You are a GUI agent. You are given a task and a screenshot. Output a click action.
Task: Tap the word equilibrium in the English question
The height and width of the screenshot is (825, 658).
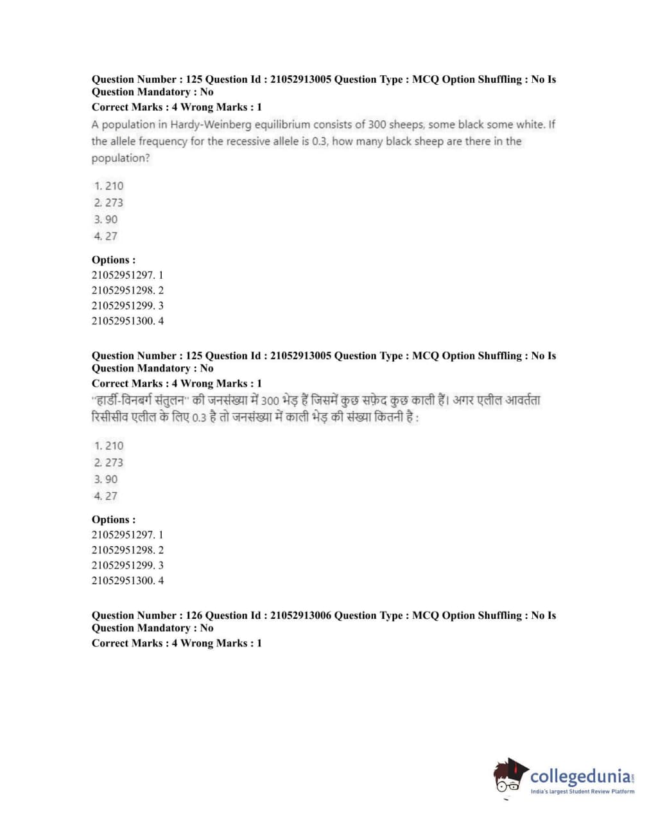279,125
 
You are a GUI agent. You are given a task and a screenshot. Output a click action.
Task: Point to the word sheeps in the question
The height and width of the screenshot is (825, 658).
406,125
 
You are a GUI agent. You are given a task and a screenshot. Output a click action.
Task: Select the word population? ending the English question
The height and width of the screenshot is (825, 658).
121,158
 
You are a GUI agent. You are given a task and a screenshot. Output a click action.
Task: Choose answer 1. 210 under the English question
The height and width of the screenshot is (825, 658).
108,186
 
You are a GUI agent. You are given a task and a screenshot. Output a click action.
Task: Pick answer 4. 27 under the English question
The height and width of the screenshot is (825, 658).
106,236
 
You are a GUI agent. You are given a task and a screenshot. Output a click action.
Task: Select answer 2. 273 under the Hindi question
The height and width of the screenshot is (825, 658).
108,462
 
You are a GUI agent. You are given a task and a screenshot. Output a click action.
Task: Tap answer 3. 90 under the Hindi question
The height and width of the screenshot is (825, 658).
106,479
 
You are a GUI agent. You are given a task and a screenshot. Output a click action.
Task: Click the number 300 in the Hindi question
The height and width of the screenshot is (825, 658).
270,401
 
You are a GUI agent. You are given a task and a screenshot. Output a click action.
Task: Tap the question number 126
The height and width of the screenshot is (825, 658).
194,616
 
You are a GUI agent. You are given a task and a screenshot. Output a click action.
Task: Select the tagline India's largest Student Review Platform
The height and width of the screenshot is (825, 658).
582,792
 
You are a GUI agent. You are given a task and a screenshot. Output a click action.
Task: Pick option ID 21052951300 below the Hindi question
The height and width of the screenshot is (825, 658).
123,581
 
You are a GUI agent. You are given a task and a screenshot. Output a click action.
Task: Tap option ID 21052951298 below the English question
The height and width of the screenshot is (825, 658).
123,290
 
